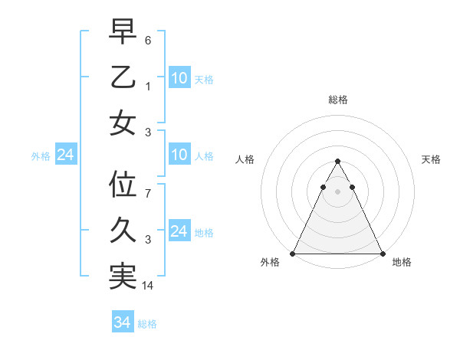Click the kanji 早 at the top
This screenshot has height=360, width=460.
(x=123, y=32)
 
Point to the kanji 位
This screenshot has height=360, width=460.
(x=123, y=185)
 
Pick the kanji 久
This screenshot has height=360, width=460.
(x=123, y=231)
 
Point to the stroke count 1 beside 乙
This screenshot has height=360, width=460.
(x=148, y=87)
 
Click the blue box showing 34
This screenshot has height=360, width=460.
(x=122, y=322)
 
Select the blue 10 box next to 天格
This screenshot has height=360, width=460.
(x=179, y=77)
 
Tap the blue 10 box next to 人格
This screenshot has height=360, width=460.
(x=179, y=155)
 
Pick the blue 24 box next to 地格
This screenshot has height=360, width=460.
(x=179, y=231)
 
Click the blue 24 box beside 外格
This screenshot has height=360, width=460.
(x=65, y=155)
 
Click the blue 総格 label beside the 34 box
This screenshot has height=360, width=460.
(x=147, y=324)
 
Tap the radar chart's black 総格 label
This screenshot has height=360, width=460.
(x=337, y=100)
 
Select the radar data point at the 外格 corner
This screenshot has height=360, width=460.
(x=293, y=254)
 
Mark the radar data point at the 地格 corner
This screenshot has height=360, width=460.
(x=382, y=254)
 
